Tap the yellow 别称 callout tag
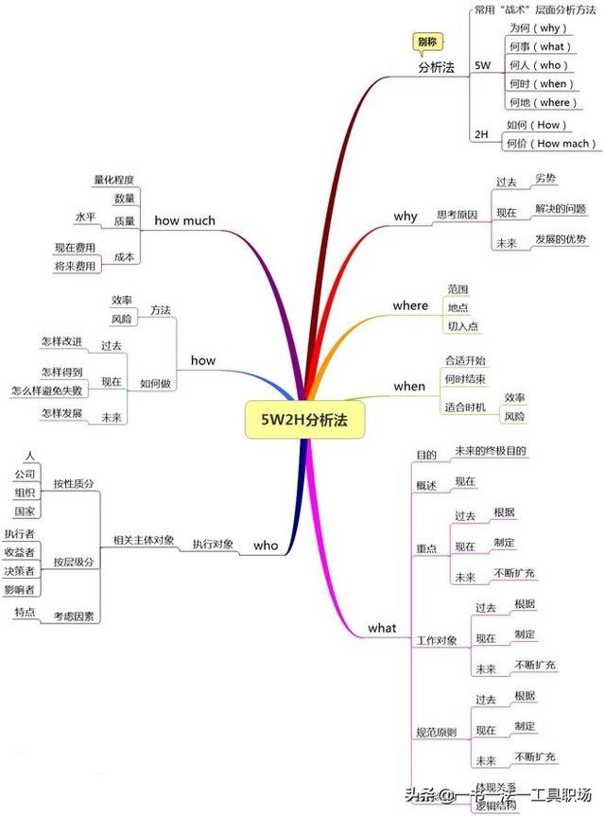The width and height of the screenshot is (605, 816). (x=427, y=43)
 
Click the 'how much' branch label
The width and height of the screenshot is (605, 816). (x=184, y=221)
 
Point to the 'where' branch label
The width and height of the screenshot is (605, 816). (x=410, y=305)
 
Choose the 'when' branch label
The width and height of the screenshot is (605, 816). (x=409, y=386)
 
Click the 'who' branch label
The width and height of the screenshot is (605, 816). (x=266, y=545)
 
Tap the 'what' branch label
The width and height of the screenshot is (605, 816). (x=382, y=628)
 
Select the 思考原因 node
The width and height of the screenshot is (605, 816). (x=457, y=216)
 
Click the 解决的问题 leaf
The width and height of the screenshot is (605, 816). (x=560, y=208)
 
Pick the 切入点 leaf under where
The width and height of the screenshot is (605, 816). (x=462, y=326)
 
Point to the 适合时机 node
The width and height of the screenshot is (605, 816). (x=464, y=407)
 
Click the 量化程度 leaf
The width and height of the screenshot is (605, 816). (x=113, y=180)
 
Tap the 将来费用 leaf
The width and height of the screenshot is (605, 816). (x=76, y=267)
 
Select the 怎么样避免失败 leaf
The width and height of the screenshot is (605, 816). (x=47, y=391)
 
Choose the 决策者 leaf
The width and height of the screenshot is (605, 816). (x=19, y=571)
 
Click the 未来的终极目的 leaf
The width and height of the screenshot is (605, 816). (x=490, y=450)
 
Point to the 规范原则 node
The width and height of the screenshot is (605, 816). (x=436, y=733)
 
